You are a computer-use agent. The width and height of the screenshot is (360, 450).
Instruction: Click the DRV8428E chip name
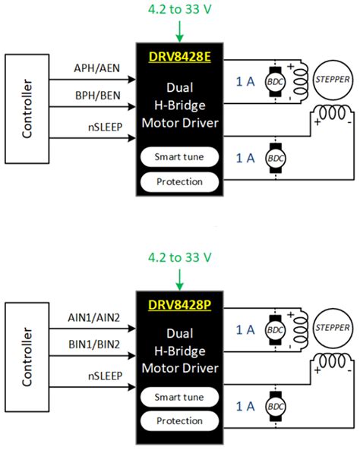pyautogui.click(x=179, y=55)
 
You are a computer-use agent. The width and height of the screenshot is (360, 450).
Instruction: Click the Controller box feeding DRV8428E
pyautogui.click(x=27, y=109)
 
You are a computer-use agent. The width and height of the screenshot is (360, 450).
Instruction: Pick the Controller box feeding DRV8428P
pyautogui.click(x=27, y=357)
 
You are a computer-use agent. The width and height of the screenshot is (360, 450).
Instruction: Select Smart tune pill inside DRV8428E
pyautogui.click(x=179, y=157)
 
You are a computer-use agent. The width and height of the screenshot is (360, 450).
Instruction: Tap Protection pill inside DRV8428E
pyautogui.click(x=179, y=182)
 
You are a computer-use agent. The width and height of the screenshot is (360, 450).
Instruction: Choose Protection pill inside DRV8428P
pyautogui.click(x=179, y=420)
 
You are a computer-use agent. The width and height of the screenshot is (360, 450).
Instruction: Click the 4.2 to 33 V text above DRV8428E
pyautogui.click(x=180, y=11)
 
